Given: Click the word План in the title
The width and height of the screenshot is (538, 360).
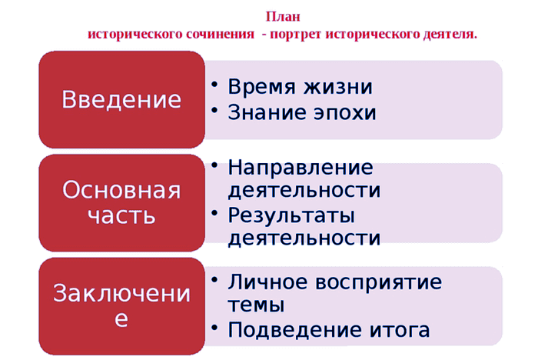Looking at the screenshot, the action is point(283,16).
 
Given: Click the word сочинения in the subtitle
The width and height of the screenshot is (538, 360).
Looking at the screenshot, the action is point(220,35).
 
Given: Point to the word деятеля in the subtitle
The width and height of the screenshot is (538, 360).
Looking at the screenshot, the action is point(448,35).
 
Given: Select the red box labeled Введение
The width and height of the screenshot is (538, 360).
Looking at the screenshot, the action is point(121,100).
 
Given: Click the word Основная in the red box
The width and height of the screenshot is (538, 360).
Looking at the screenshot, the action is point(121,190).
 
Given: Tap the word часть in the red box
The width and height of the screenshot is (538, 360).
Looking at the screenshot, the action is point(121,216).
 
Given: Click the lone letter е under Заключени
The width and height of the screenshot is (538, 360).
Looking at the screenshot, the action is point(121,319).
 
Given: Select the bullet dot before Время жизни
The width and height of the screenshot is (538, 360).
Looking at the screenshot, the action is point(214,85).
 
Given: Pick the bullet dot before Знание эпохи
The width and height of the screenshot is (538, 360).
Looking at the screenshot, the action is point(214,110).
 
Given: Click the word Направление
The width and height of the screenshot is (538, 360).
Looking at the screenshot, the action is point(301,168).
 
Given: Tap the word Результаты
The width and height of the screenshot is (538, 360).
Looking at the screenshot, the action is point(291,215).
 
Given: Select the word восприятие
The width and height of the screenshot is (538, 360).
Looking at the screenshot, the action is point(378,282).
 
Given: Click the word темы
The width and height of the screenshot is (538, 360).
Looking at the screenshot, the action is point(256,305).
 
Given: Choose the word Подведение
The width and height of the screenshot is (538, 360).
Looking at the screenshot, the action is point(294,330).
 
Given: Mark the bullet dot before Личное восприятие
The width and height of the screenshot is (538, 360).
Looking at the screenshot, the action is point(214,280).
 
